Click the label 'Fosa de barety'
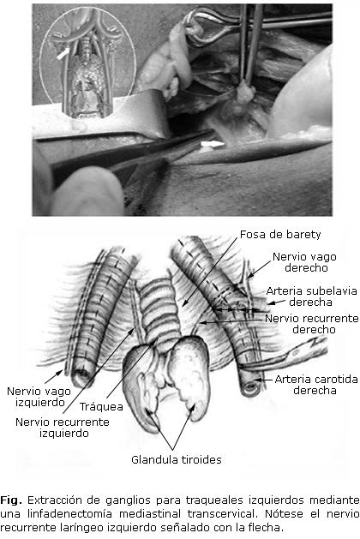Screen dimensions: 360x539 tap(280, 235)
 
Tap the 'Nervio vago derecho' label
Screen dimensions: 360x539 tap(304, 262)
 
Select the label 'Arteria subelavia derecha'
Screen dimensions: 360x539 tap(311, 296)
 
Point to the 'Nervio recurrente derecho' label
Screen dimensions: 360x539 tap(312, 324)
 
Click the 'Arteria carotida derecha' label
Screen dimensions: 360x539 tap(316, 385)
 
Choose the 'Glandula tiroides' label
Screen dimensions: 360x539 tap(177, 459)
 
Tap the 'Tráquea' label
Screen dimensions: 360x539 tap(101, 407)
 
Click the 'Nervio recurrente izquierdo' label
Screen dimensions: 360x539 tap(63, 428)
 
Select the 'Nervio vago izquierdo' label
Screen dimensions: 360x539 tap(39, 397)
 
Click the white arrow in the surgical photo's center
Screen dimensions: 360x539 tap(213, 144)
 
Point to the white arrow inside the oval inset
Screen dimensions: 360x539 tap(64, 53)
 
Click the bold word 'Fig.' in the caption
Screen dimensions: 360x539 tap(10, 500)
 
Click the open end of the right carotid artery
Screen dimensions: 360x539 tap(250, 387)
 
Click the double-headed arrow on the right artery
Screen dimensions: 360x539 tap(237, 309)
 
